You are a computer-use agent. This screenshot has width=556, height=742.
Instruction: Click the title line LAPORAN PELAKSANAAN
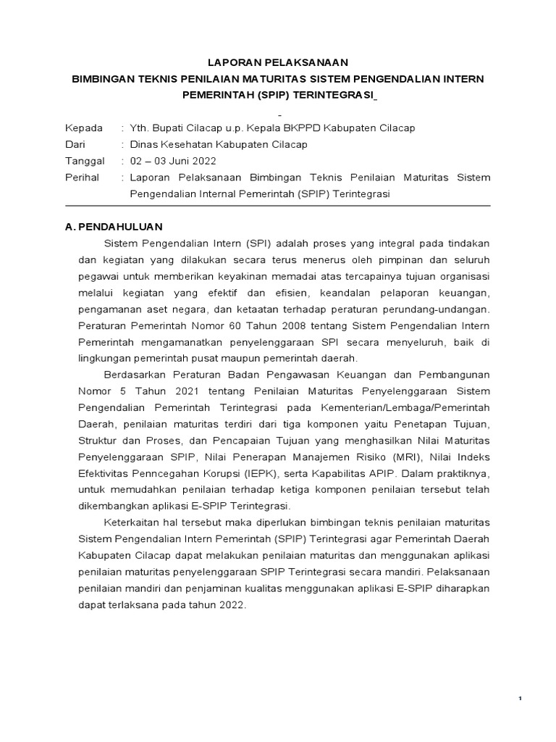tap(277, 62)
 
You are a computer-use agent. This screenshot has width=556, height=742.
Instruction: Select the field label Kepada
tap(84, 128)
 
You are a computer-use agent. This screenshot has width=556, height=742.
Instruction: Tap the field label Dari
tap(75, 144)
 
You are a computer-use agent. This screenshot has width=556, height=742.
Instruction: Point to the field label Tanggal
tap(85, 161)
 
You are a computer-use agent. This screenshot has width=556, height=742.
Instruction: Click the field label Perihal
tap(83, 177)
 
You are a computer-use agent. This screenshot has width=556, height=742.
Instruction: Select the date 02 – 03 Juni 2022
tap(172, 161)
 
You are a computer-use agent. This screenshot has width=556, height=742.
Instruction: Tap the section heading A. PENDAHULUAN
tap(114, 227)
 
